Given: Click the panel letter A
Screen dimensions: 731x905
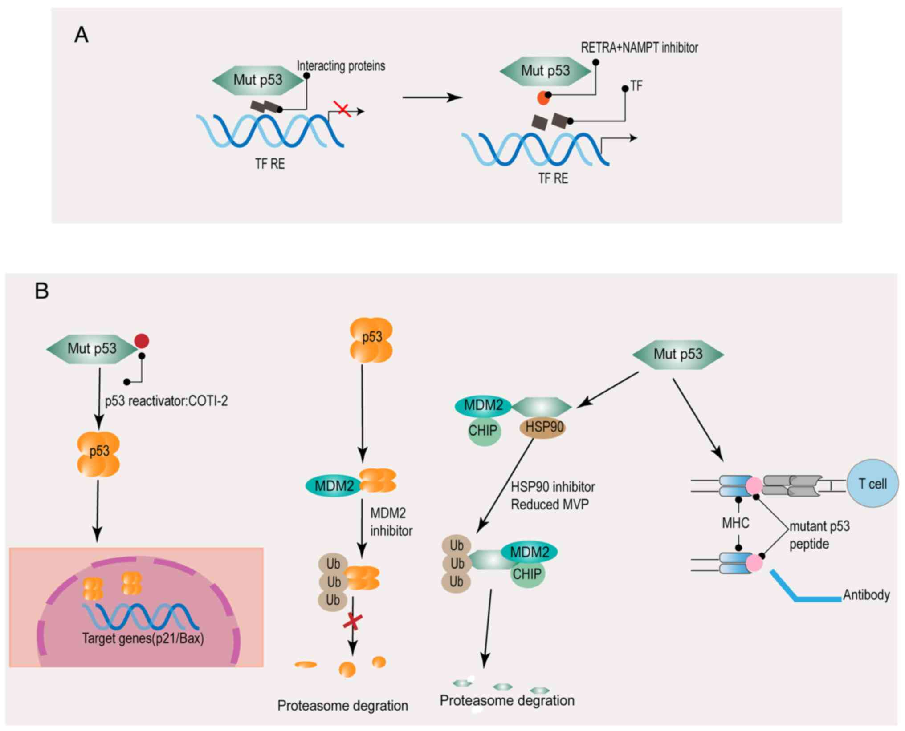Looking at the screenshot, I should coord(81,35).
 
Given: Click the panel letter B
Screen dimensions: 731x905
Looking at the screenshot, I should coord(41,291).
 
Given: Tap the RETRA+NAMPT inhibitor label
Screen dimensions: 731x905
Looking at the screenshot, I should coord(639,48).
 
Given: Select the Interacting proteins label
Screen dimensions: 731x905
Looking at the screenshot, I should coord(341,66).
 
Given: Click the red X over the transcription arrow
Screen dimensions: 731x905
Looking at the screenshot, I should coord(343,108).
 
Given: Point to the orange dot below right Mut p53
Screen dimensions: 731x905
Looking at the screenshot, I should coord(543,97).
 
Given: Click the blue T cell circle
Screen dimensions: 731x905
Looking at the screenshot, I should coord(872,484).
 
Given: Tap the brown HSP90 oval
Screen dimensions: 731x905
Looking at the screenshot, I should coord(542,427).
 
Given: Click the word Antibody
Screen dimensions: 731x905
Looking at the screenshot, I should coord(866,595).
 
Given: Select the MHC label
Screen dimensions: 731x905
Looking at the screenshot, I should coord(735,523).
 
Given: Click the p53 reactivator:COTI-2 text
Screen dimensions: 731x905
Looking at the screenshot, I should coord(166,401).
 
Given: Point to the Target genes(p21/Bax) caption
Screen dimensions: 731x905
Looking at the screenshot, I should coord(143,638).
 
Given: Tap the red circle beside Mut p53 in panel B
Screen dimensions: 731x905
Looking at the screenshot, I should coord(142,341).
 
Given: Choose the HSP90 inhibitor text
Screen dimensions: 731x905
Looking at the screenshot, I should coord(553,487).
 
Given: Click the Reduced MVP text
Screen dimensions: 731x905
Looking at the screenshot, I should coord(550,505).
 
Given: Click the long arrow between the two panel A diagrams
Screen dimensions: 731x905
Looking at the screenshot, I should coord(432,97).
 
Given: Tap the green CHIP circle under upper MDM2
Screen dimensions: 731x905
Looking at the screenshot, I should coord(484,431).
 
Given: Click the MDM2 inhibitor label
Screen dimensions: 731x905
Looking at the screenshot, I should coord(391,522).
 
